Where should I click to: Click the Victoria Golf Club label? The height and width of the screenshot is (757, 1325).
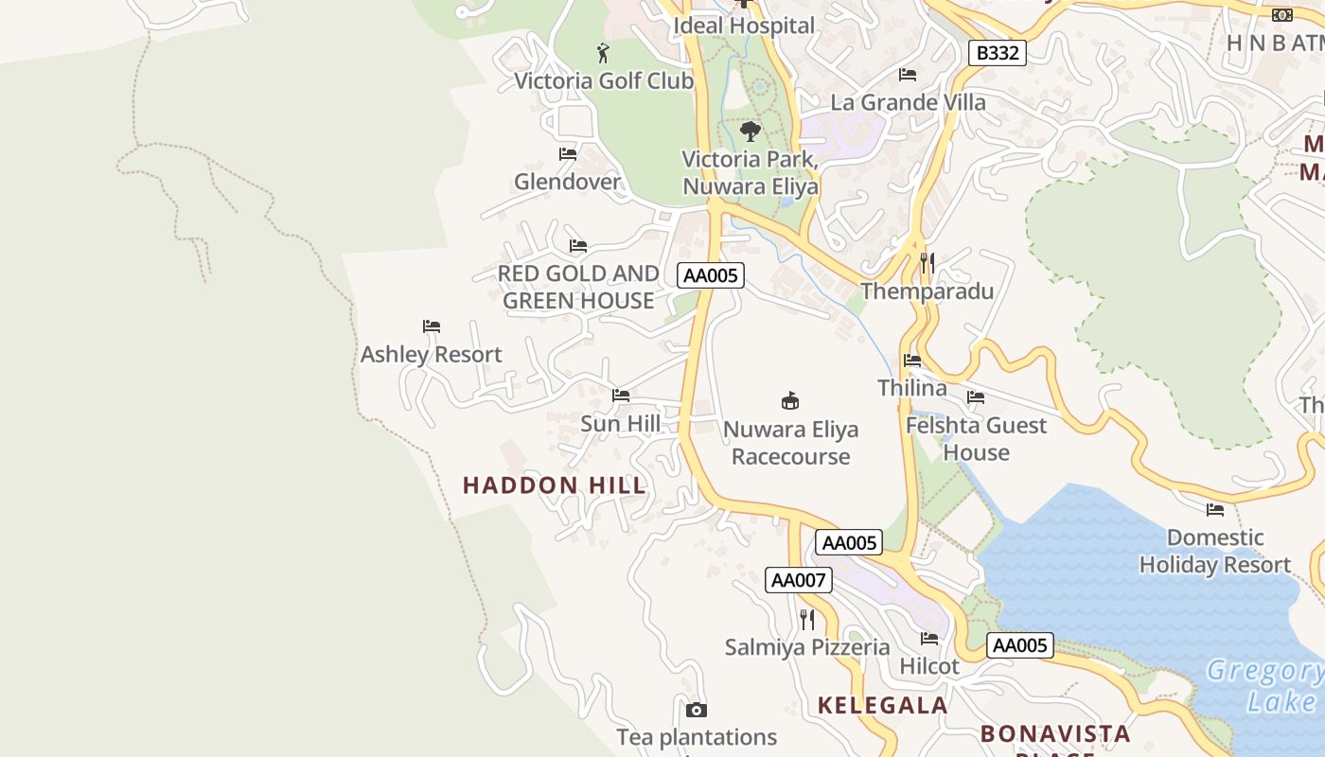coord(604,81)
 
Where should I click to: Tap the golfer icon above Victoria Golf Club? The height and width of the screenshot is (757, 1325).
coord(603,53)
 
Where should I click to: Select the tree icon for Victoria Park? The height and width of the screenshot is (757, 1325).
coord(751,131)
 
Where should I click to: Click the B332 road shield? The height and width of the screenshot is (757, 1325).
coord(998,53)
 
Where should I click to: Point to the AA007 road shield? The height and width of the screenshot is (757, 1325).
coord(799,580)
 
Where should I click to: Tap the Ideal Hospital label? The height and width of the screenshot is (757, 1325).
coord(744,26)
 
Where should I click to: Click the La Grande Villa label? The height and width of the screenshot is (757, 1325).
coord(908,102)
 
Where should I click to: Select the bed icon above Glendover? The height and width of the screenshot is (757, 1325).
coord(568,153)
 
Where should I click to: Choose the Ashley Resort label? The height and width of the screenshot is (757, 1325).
coord(431,355)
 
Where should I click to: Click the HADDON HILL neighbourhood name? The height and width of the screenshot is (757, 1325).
coord(555,485)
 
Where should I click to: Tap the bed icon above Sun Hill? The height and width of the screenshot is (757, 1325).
coord(621,396)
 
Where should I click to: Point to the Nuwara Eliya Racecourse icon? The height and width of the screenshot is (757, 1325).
coord(790,400)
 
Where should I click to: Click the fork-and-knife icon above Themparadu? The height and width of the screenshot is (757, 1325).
coord(927,262)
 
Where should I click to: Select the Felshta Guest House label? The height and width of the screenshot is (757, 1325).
coord(976,438)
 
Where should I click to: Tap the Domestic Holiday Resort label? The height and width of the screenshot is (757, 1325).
coord(1214,551)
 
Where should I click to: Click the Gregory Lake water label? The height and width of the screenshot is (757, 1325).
coord(1265,686)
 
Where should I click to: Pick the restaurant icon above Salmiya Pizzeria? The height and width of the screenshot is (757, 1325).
coord(807,620)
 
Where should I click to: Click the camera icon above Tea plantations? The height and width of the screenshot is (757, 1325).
coord(697,710)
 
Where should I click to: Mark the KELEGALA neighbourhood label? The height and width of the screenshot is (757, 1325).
coord(882,705)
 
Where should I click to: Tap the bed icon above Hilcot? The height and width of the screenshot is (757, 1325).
coord(929,639)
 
